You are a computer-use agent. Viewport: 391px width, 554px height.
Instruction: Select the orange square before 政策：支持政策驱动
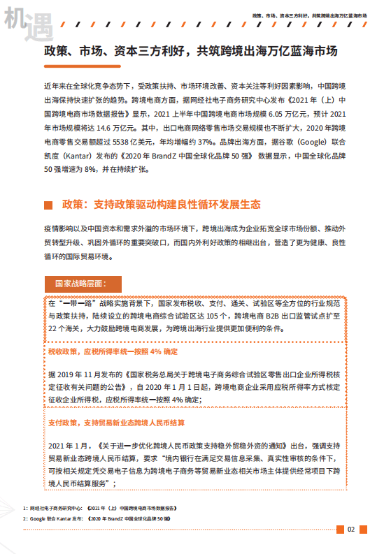click(x=48, y=205)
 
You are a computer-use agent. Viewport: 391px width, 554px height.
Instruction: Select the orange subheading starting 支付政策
click(x=116, y=422)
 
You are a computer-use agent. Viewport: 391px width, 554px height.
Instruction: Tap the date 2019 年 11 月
click(x=84, y=373)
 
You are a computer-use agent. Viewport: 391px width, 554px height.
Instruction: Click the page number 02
click(x=351, y=529)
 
